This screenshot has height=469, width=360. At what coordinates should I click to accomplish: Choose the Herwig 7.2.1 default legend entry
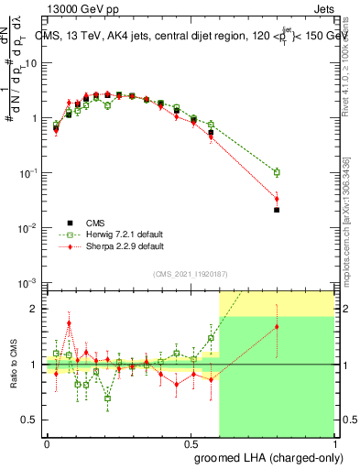coord(125,234)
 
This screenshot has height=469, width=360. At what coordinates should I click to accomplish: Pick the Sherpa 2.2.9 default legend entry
coord(124,247)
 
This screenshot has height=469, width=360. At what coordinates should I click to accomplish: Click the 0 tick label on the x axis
coord(46,443)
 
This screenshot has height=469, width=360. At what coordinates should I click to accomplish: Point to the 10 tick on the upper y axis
coord(30,63)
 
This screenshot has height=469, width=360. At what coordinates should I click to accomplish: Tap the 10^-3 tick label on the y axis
coord(28,282)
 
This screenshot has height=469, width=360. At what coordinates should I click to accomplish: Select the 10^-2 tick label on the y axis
coord(28,227)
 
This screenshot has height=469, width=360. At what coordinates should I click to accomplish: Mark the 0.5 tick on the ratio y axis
coord(33,420)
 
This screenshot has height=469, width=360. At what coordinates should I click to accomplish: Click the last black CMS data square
coord(277,210)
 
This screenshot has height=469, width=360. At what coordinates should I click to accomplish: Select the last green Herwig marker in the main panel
coord(277,172)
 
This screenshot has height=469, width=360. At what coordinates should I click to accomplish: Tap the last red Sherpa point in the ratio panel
coord(277,327)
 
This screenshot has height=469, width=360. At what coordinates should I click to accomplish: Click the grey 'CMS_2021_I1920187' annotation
coord(190,273)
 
